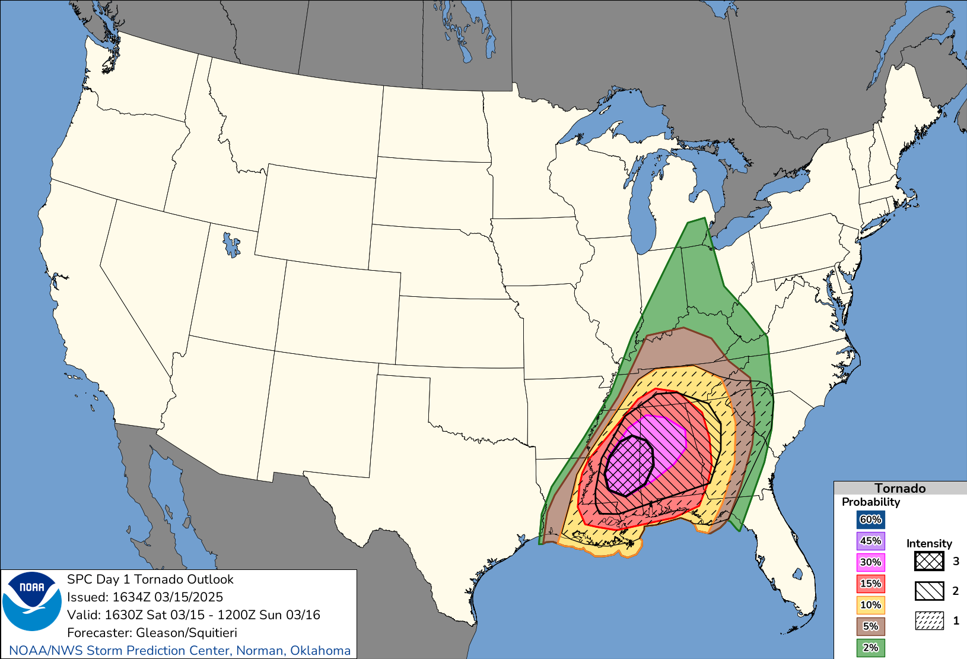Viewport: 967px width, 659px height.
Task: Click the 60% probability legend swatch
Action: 870,519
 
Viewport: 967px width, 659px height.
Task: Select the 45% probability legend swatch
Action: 870,541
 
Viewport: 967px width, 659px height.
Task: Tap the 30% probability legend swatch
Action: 870,562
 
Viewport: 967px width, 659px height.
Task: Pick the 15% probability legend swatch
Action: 870,584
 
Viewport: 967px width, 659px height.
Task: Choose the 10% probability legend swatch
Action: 870,605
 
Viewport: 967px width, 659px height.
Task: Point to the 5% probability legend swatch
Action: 870,626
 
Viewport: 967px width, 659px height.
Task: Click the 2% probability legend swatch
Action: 870,648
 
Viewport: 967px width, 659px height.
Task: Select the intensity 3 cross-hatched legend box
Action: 929,561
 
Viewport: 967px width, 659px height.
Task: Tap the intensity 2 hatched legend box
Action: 929,591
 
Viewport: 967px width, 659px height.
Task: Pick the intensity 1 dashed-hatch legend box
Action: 929,620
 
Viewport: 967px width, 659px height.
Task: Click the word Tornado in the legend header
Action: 900,488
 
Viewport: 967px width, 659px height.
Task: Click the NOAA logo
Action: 32,601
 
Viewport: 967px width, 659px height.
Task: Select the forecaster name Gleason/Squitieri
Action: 186,633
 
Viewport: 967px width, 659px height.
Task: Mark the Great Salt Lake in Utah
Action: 231,244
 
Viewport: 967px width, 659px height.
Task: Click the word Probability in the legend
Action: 871,502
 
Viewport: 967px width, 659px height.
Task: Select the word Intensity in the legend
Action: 929,543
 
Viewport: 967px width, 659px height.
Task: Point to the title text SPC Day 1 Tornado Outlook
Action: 150,579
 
